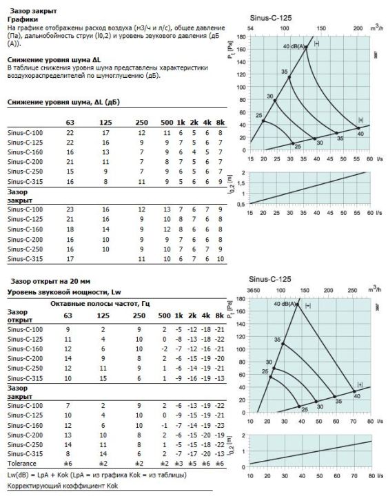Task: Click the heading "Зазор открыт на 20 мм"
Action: (50, 281)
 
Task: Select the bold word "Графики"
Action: (23, 19)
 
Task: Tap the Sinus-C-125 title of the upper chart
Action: (271, 18)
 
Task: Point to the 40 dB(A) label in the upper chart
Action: (294, 47)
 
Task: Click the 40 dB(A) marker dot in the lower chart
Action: (298, 304)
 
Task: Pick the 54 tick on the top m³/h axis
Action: (250, 28)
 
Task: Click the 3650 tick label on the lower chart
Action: (253, 291)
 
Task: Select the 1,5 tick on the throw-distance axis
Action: (241, 183)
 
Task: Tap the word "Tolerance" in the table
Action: (22, 464)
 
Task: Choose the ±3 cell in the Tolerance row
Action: (178, 464)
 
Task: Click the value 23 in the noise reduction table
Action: (70, 209)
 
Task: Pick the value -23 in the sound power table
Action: (219, 426)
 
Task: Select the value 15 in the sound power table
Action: (103, 378)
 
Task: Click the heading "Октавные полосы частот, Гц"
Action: (100, 304)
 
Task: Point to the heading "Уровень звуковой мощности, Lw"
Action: (64, 292)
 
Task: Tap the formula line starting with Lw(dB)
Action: (97, 475)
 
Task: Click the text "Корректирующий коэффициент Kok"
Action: (62, 486)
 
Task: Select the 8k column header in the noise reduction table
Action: (221, 123)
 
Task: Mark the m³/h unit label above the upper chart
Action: (376, 28)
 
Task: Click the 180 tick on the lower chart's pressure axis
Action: (241, 298)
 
